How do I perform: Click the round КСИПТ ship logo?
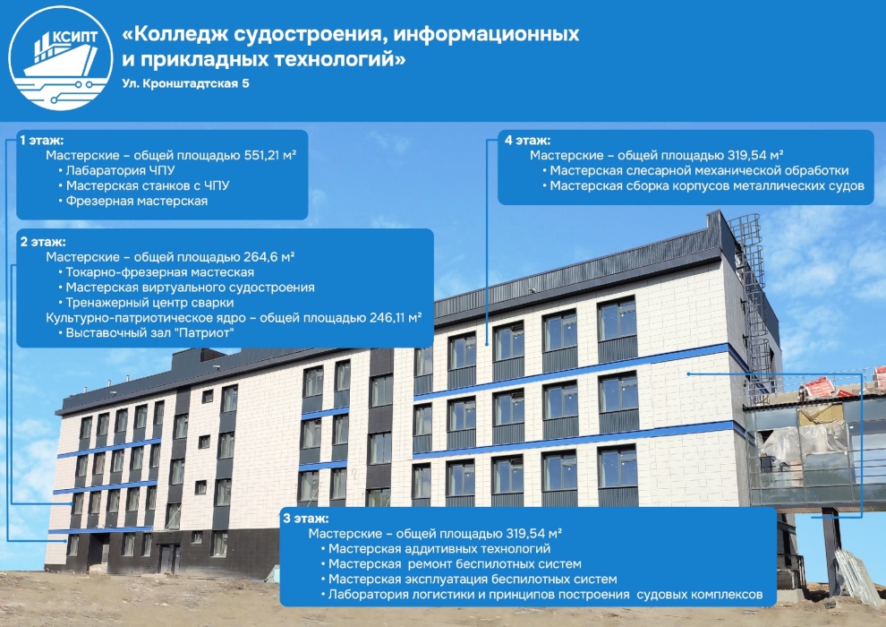pos(61,58)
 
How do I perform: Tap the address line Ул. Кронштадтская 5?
pos(185,83)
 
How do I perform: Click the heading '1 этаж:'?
pos(42,141)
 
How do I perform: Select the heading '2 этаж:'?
pos(43,242)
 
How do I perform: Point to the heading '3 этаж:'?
pos(306,519)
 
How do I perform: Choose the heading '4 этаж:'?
pos(527,141)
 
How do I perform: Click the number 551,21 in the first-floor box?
pos(262,156)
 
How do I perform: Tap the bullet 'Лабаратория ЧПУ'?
pos(116,171)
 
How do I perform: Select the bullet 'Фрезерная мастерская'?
pos(132,202)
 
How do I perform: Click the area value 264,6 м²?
pos(269,257)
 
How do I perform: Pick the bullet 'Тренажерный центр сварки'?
pos(146,303)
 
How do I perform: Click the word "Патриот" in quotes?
pos(205,333)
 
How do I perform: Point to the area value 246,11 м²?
pos(396,318)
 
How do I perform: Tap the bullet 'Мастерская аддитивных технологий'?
pos(435,549)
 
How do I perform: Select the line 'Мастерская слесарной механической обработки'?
pos(695,171)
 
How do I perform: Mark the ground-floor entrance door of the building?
pos(168,559)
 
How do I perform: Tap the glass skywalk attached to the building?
pos(814,452)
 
